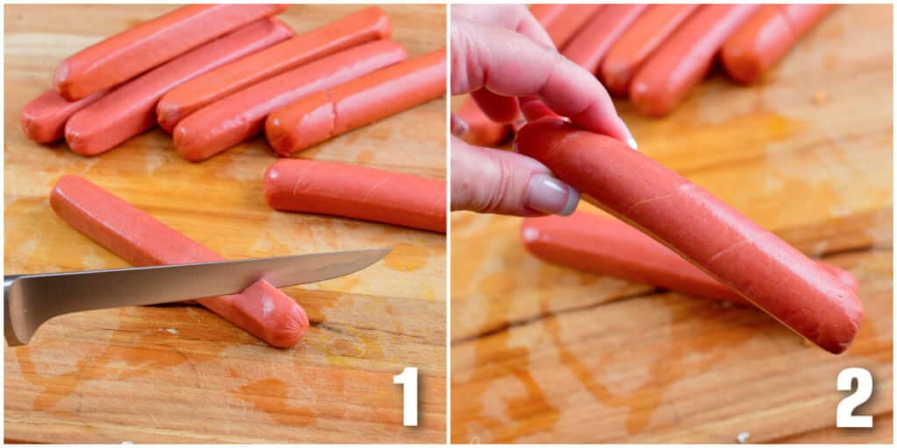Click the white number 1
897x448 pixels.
point(406,397)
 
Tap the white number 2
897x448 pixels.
point(854,398)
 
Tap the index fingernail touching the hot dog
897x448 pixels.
point(627,138)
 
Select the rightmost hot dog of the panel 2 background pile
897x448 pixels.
point(775,39)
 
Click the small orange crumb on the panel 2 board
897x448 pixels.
point(820,96)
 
